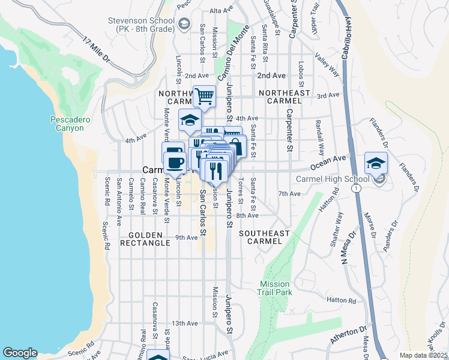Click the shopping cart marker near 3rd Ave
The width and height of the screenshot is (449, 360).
point(204,95)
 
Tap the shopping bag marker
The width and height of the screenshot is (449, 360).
point(235,146)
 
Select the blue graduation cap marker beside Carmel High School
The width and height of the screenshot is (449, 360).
point(376,163)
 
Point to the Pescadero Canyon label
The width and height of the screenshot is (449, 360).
point(70,124)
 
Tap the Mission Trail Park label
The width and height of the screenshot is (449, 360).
point(276,288)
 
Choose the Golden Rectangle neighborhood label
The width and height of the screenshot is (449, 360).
point(145,238)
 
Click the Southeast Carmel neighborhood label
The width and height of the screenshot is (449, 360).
point(264,236)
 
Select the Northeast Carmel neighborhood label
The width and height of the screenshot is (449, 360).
point(284,97)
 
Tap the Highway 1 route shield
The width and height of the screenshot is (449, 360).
point(357,188)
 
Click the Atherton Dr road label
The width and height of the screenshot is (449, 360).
point(348,335)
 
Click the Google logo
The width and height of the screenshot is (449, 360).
point(20,353)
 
